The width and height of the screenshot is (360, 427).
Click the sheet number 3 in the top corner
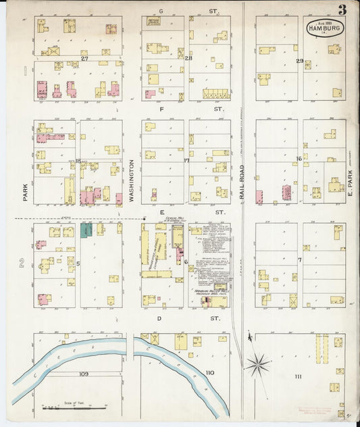click(343, 9)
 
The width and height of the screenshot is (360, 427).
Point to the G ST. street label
click(186, 11)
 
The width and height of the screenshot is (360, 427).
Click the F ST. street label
click(186, 108)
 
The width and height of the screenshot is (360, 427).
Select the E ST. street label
click(186, 212)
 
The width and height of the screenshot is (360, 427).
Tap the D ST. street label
click(186, 317)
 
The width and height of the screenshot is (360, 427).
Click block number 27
click(84, 59)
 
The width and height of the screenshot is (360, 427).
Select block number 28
click(188, 59)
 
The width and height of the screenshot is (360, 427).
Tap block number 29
click(299, 61)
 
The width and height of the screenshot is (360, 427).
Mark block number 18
click(78, 161)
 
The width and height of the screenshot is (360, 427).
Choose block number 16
click(299, 159)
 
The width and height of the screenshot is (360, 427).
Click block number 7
click(299, 260)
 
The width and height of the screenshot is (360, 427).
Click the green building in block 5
click(86, 230)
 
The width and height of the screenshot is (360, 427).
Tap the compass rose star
click(257, 366)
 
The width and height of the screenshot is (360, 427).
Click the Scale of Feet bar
click(74, 407)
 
